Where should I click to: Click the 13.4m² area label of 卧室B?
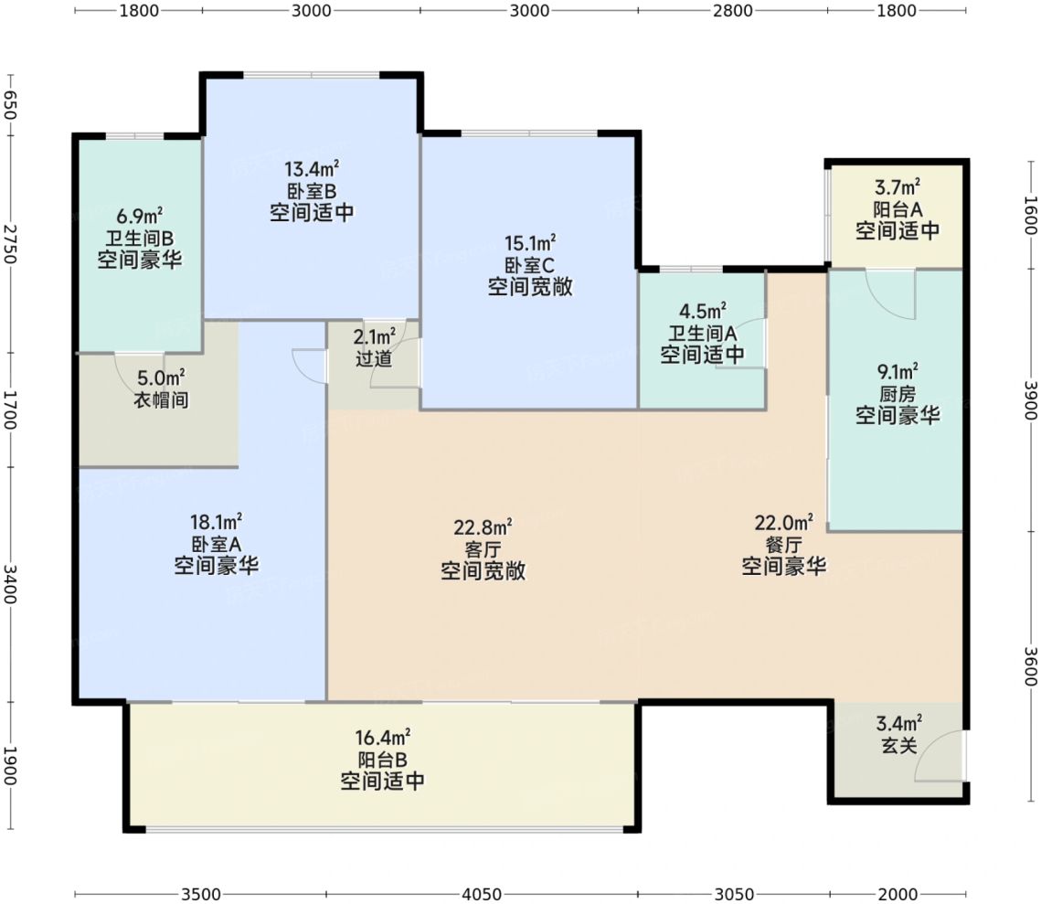pyautogui.click(x=312, y=169)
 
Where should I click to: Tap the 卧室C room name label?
pyautogui.click(x=529, y=265)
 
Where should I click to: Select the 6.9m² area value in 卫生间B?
pyautogui.click(x=140, y=216)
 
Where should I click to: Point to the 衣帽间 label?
pyautogui.click(x=162, y=399)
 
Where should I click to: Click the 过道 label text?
pyautogui.click(x=374, y=358)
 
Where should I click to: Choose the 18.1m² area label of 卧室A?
pyautogui.click(x=216, y=522)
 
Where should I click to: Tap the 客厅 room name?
pyautogui.click(x=483, y=549)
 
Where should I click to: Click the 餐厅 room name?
pyautogui.click(x=783, y=545)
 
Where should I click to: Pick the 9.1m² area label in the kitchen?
pyautogui.click(x=898, y=372)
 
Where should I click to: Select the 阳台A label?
pyautogui.click(x=898, y=209)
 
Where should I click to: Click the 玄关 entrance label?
pyautogui.click(x=899, y=745)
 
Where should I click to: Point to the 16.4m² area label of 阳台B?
pyautogui.click(x=382, y=738)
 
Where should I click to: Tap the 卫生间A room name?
pyautogui.click(x=702, y=334)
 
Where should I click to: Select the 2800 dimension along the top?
pyautogui.click(x=733, y=11)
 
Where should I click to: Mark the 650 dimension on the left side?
pyautogui.click(x=9, y=105)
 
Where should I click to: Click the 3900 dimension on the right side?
pyautogui.click(x=1030, y=400)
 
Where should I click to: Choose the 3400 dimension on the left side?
pyautogui.click(x=9, y=584)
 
